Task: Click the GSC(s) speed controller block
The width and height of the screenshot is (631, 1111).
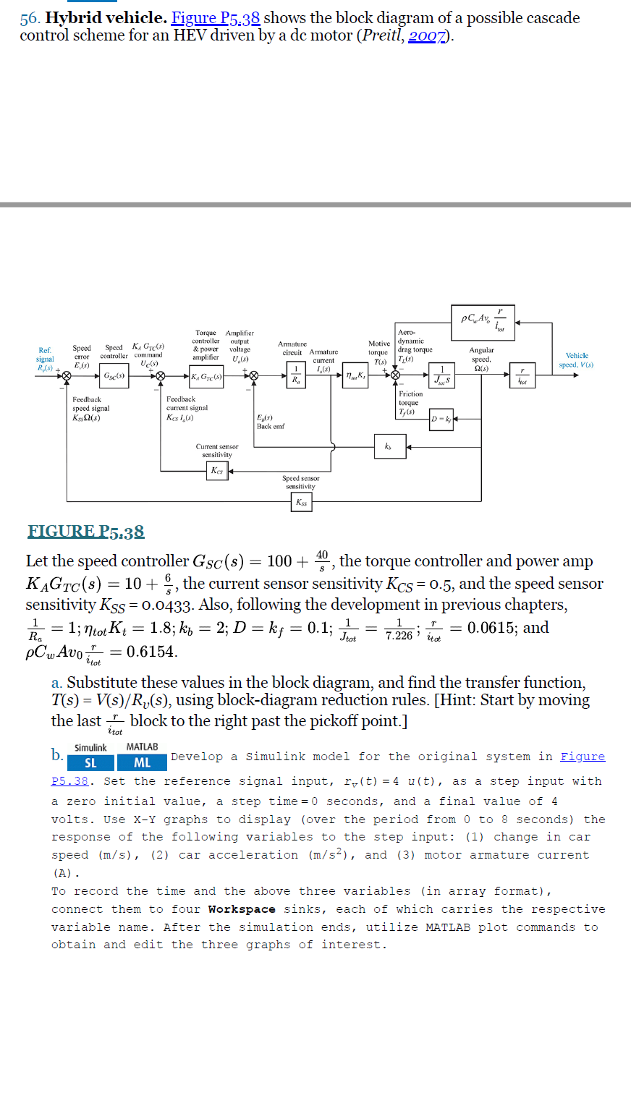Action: (x=114, y=376)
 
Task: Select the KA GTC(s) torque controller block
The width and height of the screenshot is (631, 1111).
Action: (x=206, y=376)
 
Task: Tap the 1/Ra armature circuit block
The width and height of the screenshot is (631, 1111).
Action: (x=295, y=375)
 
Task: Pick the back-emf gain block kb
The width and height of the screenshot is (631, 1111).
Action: (x=390, y=446)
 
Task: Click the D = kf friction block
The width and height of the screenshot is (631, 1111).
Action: (x=441, y=420)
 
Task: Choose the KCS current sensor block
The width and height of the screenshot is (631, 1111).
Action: (x=217, y=471)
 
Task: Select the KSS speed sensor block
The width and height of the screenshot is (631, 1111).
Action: (x=301, y=502)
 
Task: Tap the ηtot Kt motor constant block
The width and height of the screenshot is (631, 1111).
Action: (x=355, y=375)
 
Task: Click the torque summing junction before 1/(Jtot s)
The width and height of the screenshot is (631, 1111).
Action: (x=395, y=375)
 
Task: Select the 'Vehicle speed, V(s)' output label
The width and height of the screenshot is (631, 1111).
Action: (x=577, y=360)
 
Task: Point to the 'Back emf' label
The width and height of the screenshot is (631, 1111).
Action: (x=271, y=426)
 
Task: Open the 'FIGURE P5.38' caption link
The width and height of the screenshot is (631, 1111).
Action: (x=86, y=532)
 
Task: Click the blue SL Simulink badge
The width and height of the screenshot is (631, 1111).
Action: (x=90, y=762)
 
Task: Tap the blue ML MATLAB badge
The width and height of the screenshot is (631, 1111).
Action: (x=143, y=762)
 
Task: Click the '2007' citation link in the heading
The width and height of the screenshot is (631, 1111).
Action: (x=427, y=36)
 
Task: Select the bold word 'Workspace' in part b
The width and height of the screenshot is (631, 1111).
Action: (x=242, y=909)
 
